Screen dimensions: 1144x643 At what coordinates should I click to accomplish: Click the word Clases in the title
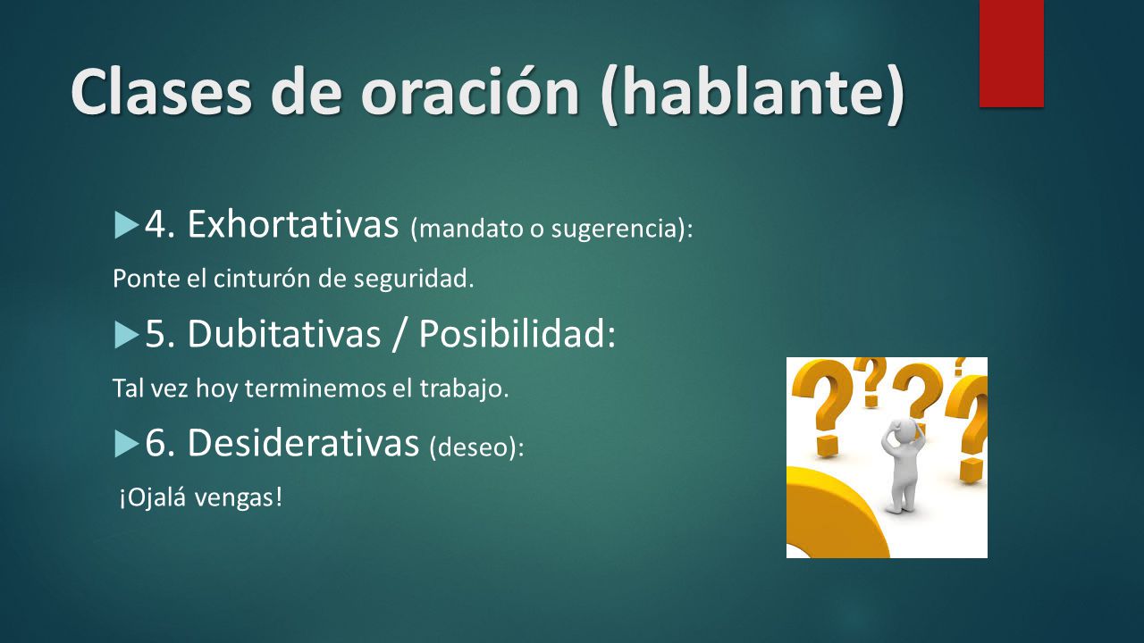tap(162, 92)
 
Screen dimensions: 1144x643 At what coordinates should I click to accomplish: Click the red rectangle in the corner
tap(1011, 54)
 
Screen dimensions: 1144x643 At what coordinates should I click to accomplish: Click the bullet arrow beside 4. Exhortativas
tap(127, 225)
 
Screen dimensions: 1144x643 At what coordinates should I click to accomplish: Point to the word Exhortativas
tap(292, 223)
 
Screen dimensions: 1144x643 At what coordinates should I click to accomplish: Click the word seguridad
tap(414, 280)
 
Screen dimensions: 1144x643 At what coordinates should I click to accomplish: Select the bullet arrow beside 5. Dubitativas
tap(127, 335)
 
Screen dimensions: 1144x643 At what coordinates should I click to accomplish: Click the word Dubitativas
tap(284, 333)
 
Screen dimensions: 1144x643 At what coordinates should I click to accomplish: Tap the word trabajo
tap(464, 389)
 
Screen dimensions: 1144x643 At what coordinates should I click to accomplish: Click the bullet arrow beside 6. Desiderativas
tap(127, 444)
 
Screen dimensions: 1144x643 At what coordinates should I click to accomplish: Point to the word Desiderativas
tap(303, 442)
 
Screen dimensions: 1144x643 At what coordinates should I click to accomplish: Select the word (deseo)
tap(477, 447)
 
